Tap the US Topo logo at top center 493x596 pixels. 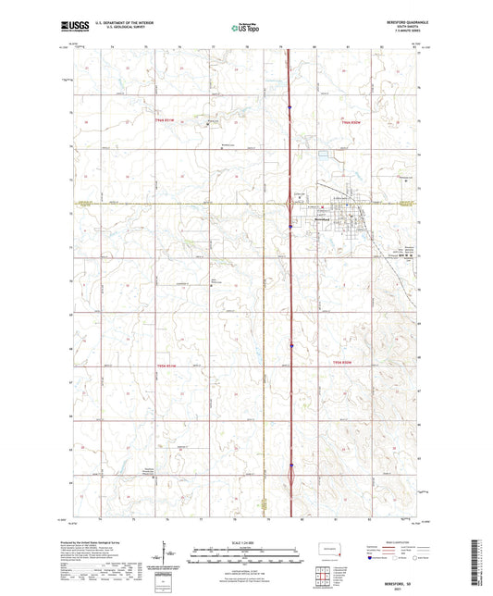245,28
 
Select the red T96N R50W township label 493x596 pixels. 348,122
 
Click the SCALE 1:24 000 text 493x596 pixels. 246,543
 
